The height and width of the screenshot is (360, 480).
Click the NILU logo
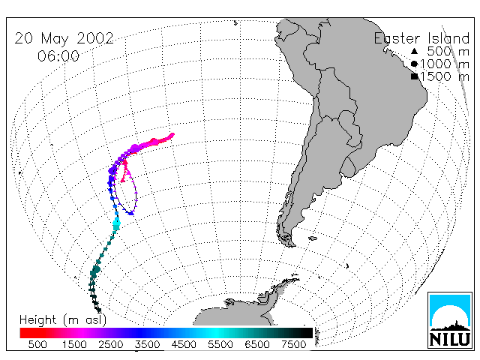[x=450, y=320]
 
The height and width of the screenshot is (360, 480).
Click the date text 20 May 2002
[x=64, y=38]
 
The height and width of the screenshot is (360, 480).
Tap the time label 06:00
[x=58, y=56]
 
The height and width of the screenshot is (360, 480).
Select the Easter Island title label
[x=421, y=38]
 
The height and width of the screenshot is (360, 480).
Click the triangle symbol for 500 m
[x=414, y=51]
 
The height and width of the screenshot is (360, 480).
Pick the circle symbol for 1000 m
[x=414, y=64]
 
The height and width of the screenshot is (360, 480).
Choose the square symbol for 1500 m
[x=415, y=76]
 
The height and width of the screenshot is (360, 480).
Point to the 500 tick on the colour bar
[x=37, y=344]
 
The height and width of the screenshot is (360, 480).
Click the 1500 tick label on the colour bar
[x=74, y=344]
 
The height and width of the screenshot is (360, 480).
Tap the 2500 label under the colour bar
[x=111, y=344]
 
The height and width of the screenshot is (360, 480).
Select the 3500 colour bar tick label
[x=147, y=344]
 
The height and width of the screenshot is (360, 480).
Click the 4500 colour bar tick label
[x=184, y=344]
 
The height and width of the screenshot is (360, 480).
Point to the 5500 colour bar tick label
[x=220, y=344]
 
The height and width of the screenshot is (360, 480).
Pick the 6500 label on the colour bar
[x=257, y=344]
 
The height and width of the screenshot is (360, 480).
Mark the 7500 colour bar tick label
[x=294, y=344]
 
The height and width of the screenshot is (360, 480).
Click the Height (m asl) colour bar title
[x=63, y=320]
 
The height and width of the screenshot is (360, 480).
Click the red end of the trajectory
[x=172, y=135]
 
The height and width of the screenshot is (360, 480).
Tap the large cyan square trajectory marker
[x=116, y=226]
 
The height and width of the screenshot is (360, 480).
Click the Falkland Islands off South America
[x=313, y=238]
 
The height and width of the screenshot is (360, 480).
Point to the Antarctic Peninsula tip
[x=298, y=278]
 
